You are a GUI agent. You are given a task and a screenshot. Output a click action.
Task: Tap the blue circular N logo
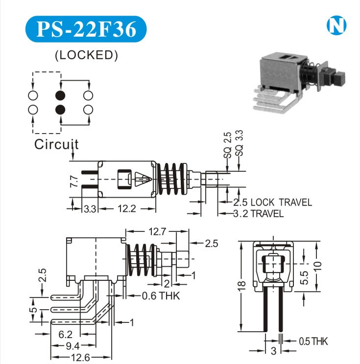336,25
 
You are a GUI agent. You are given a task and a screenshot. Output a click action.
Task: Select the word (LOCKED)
86,55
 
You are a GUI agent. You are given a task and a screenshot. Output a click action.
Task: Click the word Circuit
56,144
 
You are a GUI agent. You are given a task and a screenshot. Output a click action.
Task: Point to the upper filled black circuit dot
60,95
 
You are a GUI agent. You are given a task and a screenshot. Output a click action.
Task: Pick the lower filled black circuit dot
60,109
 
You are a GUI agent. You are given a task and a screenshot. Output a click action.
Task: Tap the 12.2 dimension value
127,209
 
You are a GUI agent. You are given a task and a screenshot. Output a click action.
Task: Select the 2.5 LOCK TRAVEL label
272,203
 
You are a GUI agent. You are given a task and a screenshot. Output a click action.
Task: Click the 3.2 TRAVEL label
258,214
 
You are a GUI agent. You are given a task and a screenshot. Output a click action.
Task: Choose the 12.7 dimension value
156,231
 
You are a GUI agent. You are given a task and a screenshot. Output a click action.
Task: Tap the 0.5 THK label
313,341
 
